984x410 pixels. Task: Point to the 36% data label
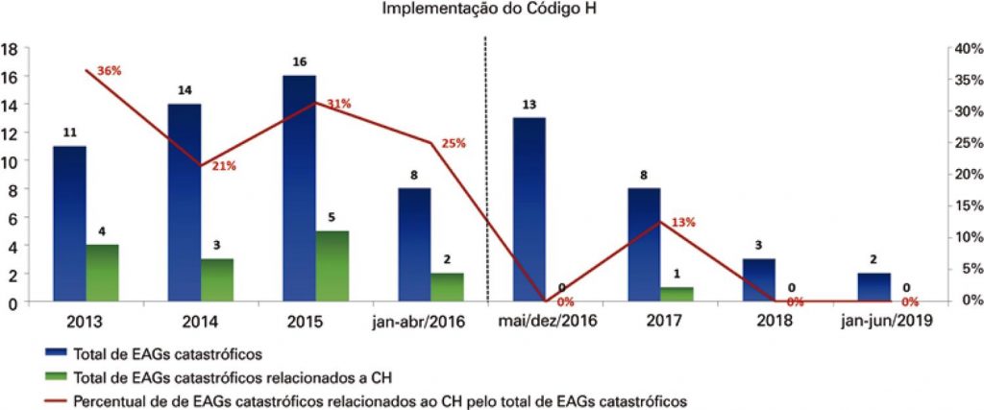tap(110, 70)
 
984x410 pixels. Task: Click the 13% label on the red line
tap(684, 222)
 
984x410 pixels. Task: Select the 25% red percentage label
tap(453, 143)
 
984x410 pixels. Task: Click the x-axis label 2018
tap(773, 321)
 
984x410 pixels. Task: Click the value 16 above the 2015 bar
tap(299, 62)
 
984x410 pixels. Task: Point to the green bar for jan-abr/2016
tap(447, 287)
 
